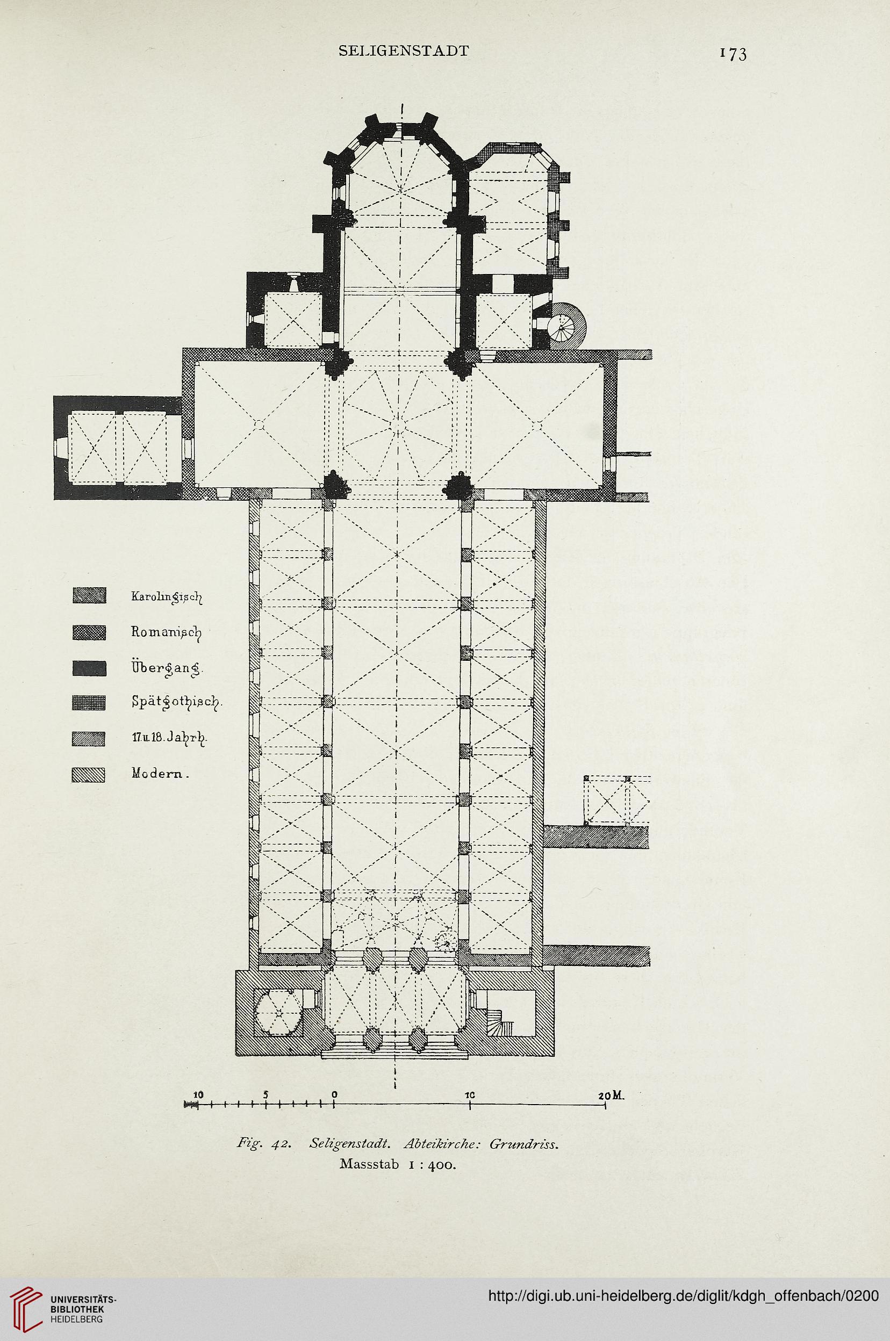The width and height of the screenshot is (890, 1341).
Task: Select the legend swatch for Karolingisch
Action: pyautogui.click(x=90, y=596)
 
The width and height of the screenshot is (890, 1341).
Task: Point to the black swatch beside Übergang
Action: pyautogui.click(x=90, y=669)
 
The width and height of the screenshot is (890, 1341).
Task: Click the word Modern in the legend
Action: pyautogui.click(x=160, y=773)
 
